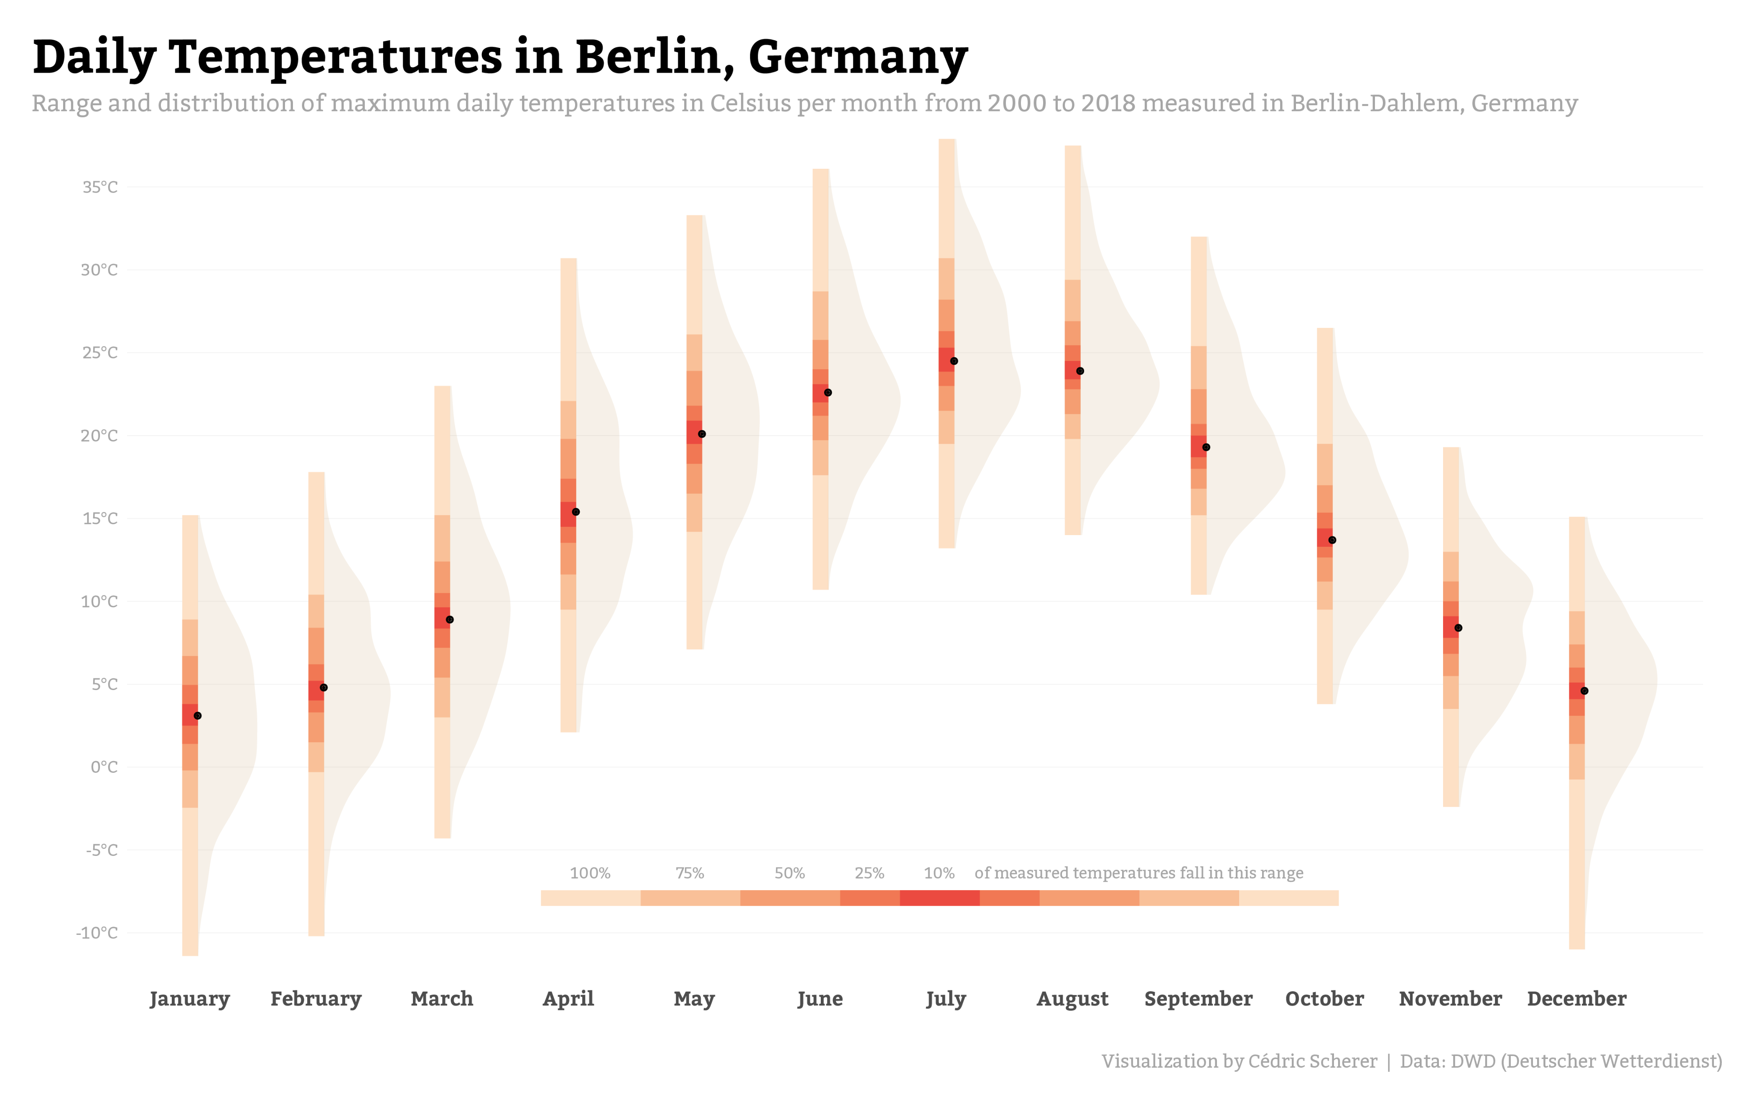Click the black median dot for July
click(954, 361)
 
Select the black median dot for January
click(198, 716)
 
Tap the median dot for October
click(1332, 540)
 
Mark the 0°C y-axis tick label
click(104, 767)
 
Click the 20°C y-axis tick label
click(99, 436)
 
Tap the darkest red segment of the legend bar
click(939, 898)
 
